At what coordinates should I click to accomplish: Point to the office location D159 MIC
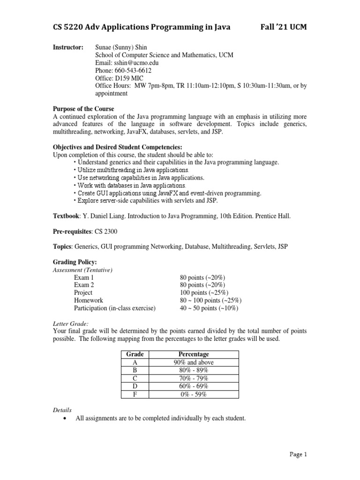tap(122, 78)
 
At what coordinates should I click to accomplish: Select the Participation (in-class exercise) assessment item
tap(114, 308)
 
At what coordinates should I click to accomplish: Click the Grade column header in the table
tap(135, 354)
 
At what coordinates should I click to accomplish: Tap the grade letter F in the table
tap(135, 394)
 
